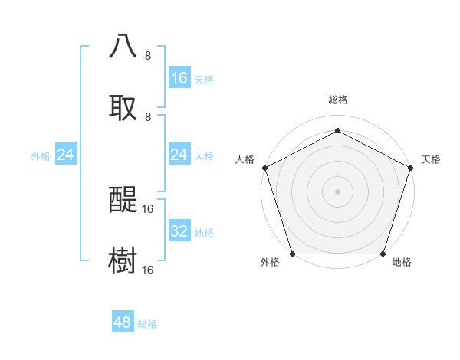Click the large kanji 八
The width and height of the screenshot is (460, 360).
pos(123,46)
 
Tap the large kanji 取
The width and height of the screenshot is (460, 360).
pos(123,107)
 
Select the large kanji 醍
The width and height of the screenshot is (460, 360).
pos(123,199)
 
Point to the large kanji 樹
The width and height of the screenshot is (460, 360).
pos(123,260)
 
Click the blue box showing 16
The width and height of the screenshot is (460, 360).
pos(179,78)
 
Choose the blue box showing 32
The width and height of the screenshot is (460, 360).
pos(179,231)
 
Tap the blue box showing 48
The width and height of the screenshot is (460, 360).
pos(123,322)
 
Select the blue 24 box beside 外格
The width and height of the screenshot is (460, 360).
pos(66,155)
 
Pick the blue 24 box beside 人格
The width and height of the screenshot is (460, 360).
pos(179,155)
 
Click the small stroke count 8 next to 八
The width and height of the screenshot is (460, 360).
pos(148,56)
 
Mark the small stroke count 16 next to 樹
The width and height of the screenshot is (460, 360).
pos(148,270)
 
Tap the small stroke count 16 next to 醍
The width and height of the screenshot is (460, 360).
pos(148,208)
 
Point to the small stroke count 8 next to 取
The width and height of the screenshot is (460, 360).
pos(148,117)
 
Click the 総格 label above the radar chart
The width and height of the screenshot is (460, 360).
pos(338,100)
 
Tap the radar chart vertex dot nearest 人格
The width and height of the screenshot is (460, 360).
pos(264,167)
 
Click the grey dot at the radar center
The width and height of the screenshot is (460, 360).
pos(338,191)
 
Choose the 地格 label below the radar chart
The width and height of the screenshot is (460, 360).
pos(402,262)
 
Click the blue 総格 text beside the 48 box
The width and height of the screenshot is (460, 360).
pos(147,324)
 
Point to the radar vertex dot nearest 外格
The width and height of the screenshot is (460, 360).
pos(293,254)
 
